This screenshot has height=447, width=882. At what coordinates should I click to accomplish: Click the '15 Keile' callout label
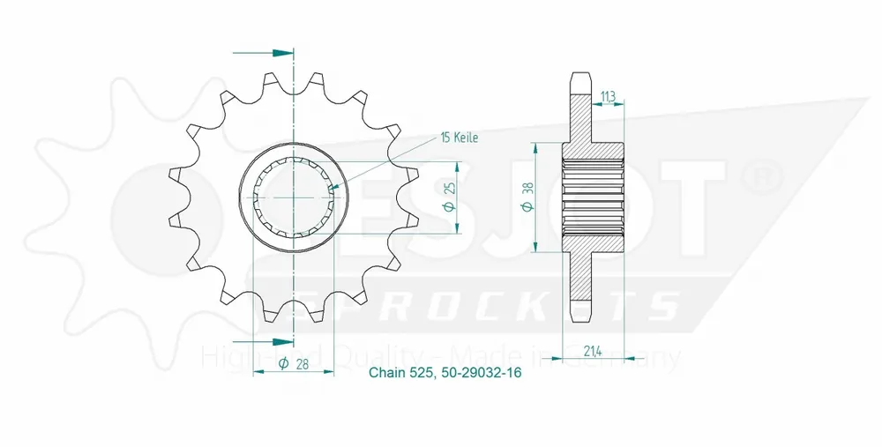460,138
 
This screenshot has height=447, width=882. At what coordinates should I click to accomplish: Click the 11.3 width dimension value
609,97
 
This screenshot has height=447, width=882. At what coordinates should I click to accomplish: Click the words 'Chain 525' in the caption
400,373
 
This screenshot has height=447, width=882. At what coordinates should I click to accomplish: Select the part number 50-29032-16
480,373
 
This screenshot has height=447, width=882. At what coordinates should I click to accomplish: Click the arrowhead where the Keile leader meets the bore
335,187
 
